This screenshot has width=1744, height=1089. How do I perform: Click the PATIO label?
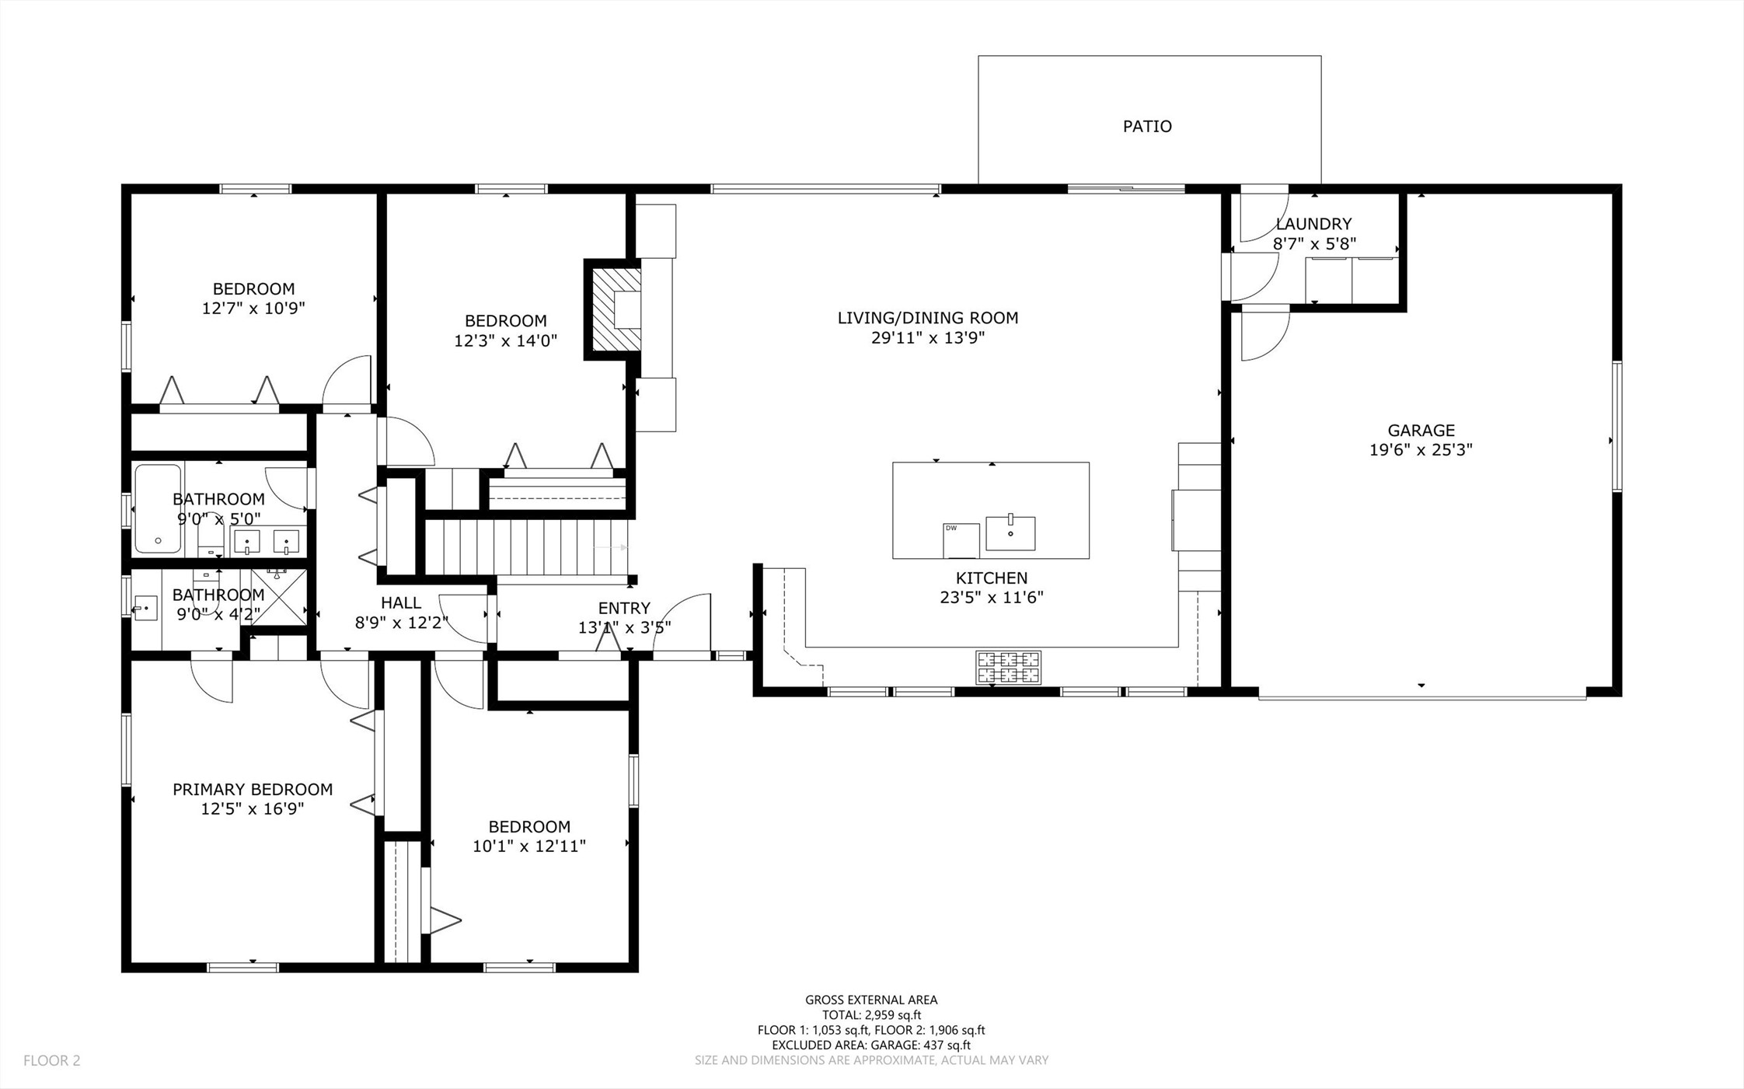pyautogui.click(x=1147, y=126)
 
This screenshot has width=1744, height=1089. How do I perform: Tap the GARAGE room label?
pyautogui.click(x=1421, y=430)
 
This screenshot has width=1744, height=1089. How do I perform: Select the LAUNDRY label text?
pyautogui.click(x=1313, y=224)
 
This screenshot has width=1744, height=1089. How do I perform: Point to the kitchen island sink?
pyautogui.click(x=1010, y=532)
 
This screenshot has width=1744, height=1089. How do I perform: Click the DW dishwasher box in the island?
pyautogui.click(x=961, y=540)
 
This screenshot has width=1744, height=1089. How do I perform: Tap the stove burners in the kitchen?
pyautogui.click(x=1008, y=667)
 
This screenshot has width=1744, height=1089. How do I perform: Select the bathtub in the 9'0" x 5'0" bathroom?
pyautogui.click(x=158, y=508)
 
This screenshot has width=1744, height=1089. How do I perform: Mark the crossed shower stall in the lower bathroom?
pyautogui.click(x=279, y=597)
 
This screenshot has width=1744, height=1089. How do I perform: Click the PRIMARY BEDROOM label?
pyautogui.click(x=253, y=789)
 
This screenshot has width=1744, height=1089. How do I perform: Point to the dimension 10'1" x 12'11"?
pyautogui.click(x=528, y=846)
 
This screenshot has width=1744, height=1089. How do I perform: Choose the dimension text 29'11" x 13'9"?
pyautogui.click(x=928, y=337)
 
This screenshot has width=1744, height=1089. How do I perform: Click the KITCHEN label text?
pyautogui.click(x=992, y=578)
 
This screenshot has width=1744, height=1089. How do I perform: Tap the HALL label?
pyautogui.click(x=401, y=602)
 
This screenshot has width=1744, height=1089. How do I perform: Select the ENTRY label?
pyautogui.click(x=624, y=608)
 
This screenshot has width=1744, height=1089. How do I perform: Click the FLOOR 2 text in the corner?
pyautogui.click(x=52, y=1060)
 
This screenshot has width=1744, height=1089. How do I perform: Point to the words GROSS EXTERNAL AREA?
pyautogui.click(x=871, y=1000)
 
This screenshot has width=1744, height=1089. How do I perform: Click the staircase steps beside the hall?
pyautogui.click(x=527, y=547)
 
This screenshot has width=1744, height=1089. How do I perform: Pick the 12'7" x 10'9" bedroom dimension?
pyautogui.click(x=253, y=308)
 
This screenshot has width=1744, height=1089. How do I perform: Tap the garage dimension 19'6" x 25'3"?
pyautogui.click(x=1421, y=449)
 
